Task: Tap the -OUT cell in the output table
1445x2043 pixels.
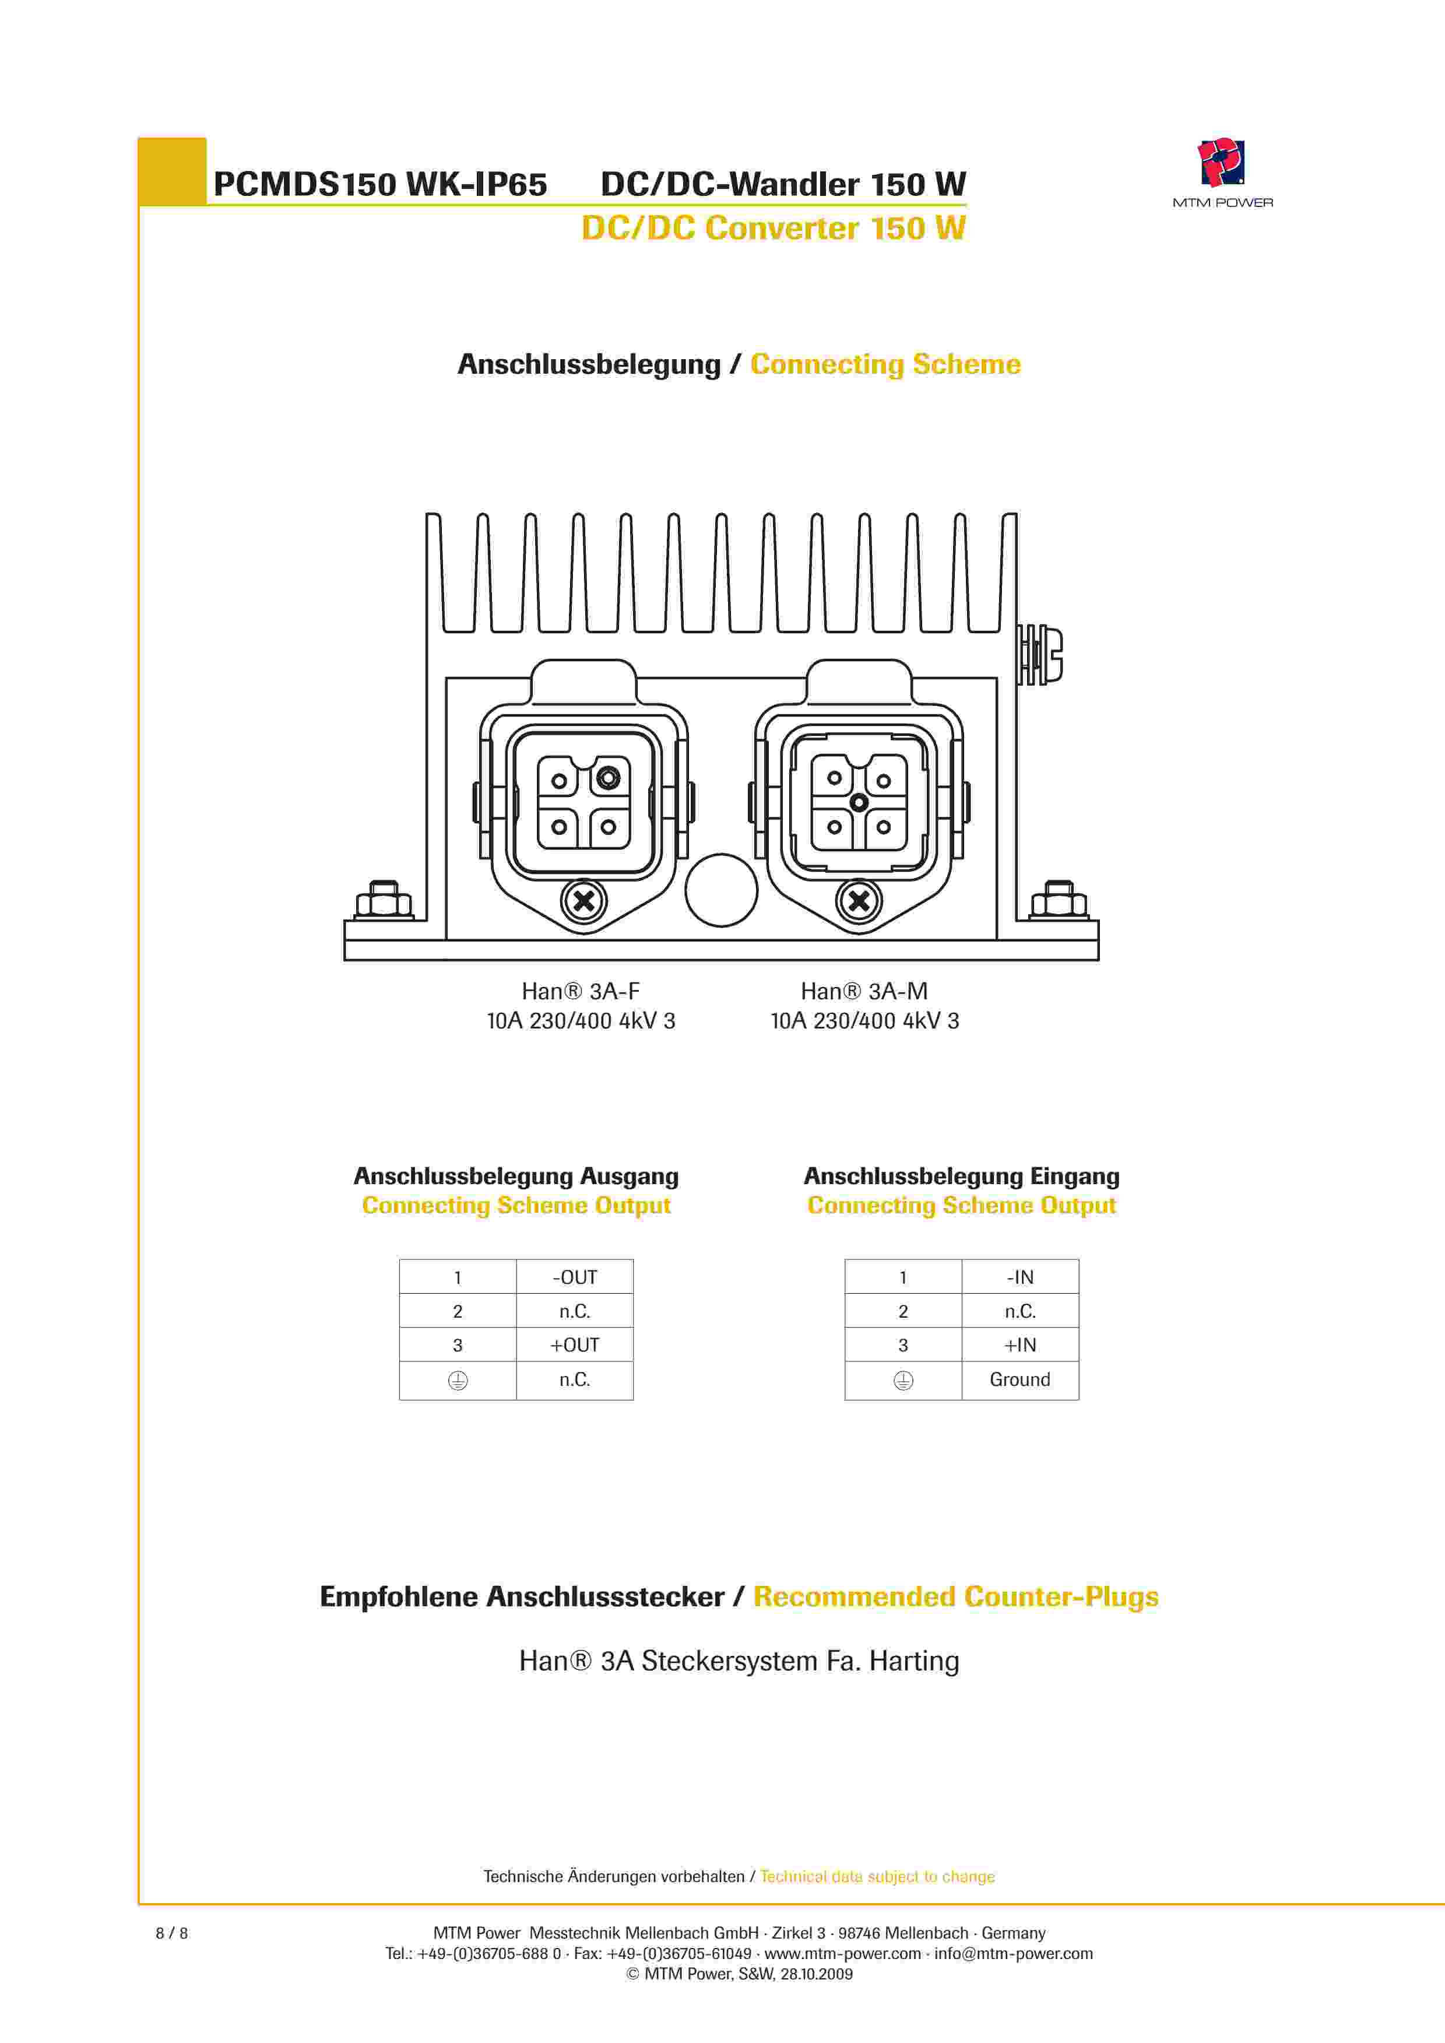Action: pyautogui.click(x=575, y=1277)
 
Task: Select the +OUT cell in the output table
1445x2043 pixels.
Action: pyautogui.click(x=575, y=1345)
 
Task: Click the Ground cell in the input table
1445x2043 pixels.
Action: pyautogui.click(x=1019, y=1379)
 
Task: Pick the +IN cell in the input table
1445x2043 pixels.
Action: pyautogui.click(x=1019, y=1345)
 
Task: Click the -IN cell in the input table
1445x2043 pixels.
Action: pyautogui.click(x=1019, y=1277)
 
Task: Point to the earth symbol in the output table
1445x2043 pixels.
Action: pyautogui.click(x=458, y=1380)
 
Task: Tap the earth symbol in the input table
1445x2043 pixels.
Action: pyautogui.click(x=903, y=1380)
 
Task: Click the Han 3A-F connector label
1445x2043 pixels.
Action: pyautogui.click(x=580, y=991)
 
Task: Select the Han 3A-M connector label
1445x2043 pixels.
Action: pyautogui.click(x=864, y=991)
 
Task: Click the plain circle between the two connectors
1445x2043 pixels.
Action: pyautogui.click(x=720, y=890)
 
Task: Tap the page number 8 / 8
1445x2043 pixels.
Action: pyautogui.click(x=172, y=1933)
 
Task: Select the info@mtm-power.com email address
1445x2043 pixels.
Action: pyautogui.click(x=1014, y=1953)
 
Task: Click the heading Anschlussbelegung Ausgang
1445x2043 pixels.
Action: pyautogui.click(x=516, y=1177)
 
